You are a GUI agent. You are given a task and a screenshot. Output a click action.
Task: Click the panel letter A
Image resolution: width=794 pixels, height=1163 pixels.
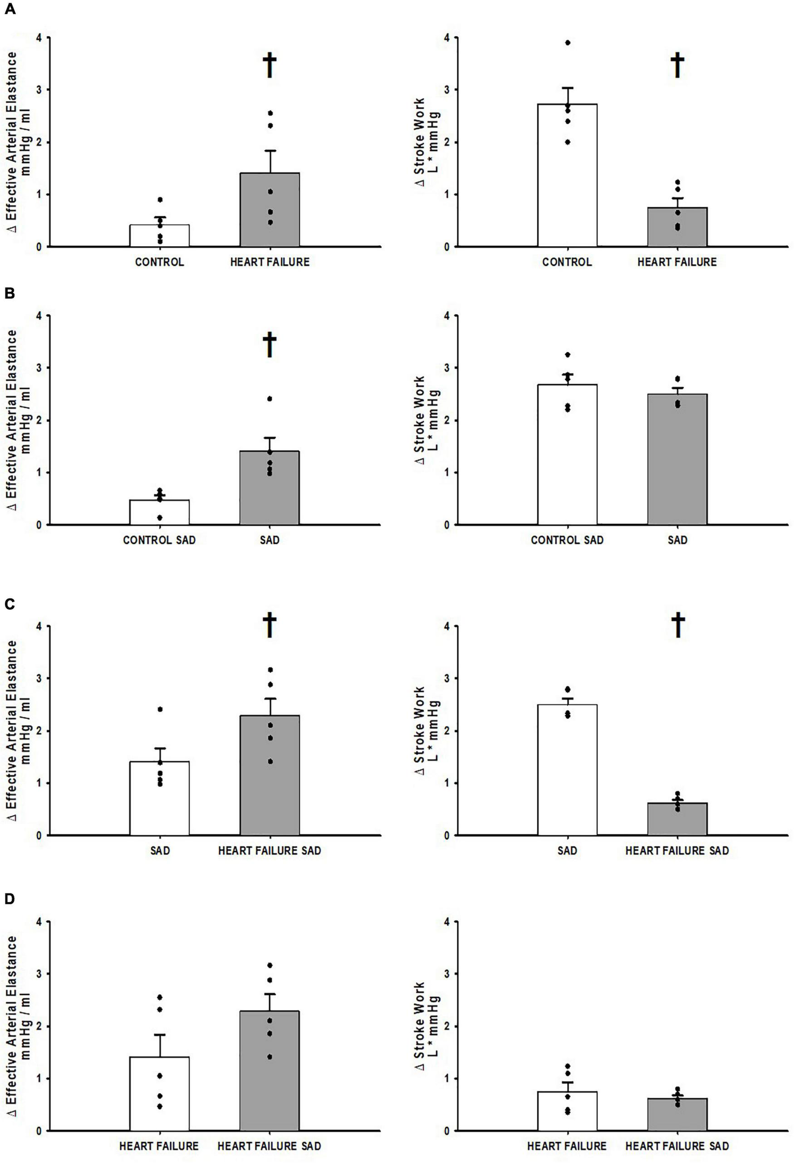coord(10,9)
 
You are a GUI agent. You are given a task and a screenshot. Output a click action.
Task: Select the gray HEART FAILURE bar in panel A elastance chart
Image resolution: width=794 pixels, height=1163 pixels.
coord(269,210)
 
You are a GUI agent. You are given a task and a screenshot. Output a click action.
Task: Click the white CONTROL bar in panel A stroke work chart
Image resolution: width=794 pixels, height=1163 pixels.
coord(567,175)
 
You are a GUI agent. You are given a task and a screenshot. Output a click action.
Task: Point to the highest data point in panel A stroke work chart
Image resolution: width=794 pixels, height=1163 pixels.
coord(567,42)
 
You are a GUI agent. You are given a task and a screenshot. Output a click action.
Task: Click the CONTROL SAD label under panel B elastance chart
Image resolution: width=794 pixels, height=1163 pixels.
coord(159,541)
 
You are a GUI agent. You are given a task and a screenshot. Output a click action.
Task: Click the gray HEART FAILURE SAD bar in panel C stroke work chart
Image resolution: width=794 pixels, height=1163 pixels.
coord(677,819)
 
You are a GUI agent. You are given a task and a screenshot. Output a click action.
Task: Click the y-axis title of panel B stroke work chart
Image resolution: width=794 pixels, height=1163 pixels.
coord(427,420)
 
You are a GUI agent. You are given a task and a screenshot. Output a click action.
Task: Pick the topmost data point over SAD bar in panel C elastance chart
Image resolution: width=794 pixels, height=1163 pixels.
coord(160,709)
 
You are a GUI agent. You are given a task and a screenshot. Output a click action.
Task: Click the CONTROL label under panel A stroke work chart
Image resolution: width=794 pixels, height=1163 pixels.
coord(567,262)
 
